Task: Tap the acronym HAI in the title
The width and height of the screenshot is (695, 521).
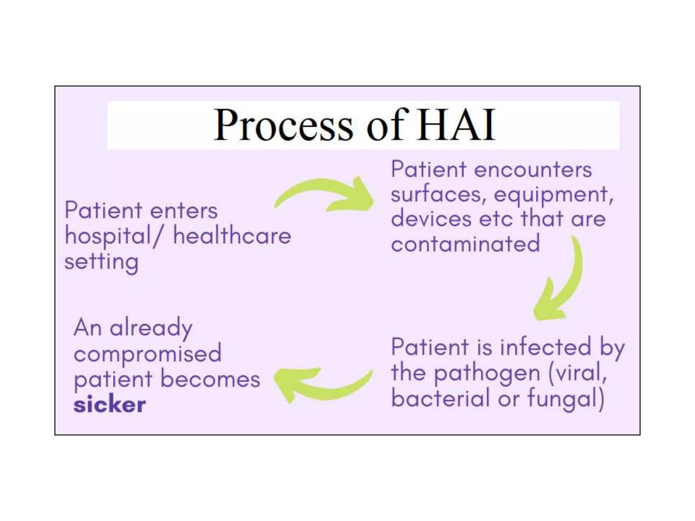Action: click(456, 125)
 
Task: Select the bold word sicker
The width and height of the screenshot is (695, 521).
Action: click(110, 404)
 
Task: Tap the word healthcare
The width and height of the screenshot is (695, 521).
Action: click(232, 236)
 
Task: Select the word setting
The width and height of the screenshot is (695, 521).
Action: click(101, 262)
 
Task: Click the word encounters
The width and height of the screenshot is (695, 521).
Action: click(533, 170)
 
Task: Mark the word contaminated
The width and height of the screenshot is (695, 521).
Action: click(465, 244)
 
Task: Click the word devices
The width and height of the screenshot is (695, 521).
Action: click(431, 219)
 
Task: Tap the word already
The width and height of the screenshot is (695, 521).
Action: click(151, 328)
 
